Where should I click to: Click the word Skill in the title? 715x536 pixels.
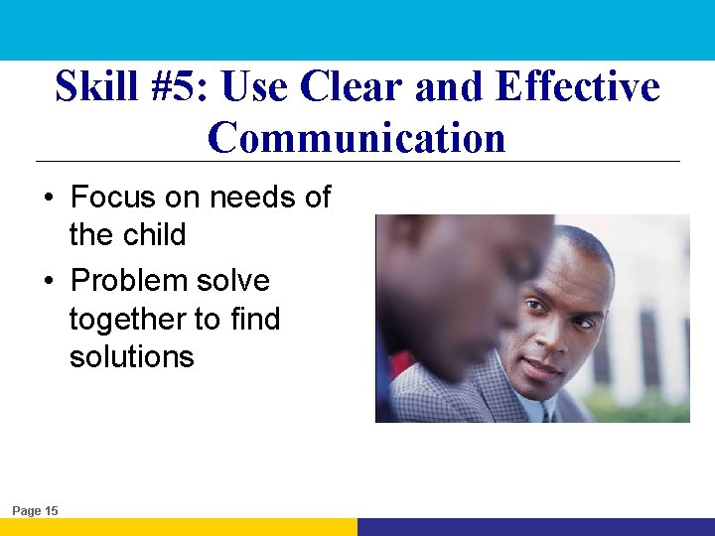(x=96, y=87)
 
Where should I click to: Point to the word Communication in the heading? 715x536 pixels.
(x=357, y=137)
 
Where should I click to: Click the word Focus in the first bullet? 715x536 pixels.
(x=113, y=198)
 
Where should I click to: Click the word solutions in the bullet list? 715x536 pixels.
(x=131, y=357)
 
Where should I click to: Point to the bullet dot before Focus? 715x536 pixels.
(x=49, y=199)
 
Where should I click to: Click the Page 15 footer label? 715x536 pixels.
(x=35, y=510)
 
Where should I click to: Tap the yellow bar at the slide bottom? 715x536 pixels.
(x=179, y=527)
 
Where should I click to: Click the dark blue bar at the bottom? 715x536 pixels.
(x=536, y=527)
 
